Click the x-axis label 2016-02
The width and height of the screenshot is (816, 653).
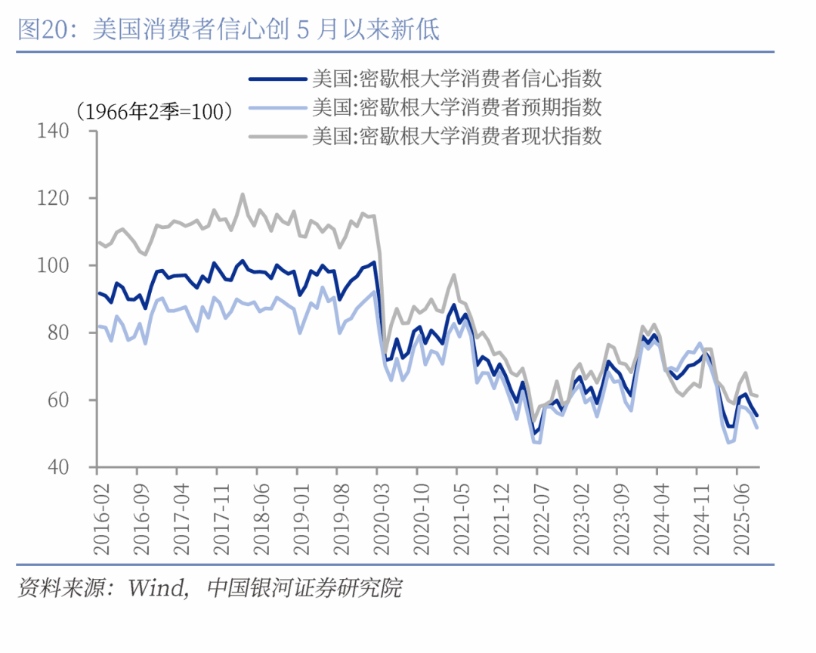pos(97,515)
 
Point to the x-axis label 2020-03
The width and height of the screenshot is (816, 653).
pos(377,515)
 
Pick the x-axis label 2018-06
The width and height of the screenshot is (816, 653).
pos(258,515)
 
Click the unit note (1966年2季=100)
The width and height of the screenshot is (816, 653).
pos(154,112)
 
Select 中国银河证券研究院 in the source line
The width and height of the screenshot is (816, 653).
pos(304,587)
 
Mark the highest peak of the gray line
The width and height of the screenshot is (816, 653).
pos(243,194)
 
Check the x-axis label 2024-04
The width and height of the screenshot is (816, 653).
pos(657,515)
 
